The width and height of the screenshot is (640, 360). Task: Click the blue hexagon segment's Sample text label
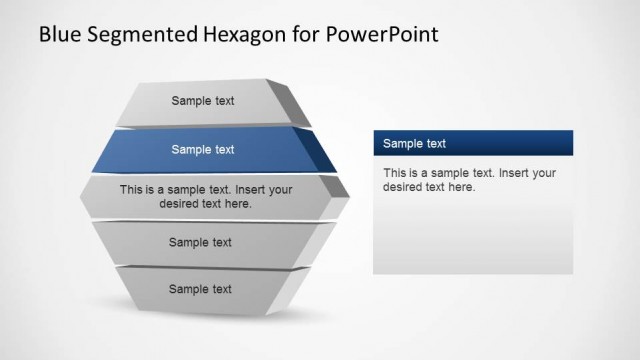(x=203, y=150)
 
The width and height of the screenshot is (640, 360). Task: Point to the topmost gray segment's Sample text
(x=203, y=100)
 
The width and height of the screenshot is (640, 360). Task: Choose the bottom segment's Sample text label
(x=200, y=289)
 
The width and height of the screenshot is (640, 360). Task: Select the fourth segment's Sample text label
(x=200, y=242)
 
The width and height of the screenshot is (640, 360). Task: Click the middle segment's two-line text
(x=205, y=196)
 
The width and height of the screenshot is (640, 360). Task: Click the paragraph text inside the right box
(x=469, y=179)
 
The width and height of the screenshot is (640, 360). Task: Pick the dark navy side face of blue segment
(x=318, y=150)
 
